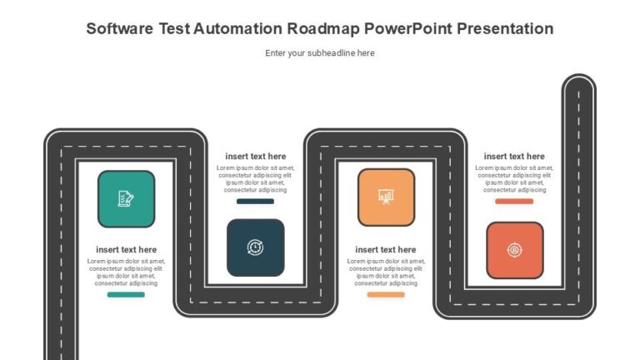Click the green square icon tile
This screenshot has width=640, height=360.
coord(126,199)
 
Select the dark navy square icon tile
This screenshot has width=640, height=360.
coord(255,247)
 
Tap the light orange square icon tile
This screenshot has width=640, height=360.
coord(386,197)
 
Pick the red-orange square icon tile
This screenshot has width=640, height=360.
coord(515,250)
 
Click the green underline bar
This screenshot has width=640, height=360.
coord(126,294)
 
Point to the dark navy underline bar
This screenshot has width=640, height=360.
coord(255,201)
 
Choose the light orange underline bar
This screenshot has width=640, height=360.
coord(386,294)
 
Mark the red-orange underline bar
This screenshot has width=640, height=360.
coord(514,201)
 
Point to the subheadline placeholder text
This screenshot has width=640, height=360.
coord(320,53)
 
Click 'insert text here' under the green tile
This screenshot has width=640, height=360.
coord(126,250)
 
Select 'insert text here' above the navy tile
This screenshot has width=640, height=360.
coord(255,157)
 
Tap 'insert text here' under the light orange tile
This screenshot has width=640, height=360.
coord(386,250)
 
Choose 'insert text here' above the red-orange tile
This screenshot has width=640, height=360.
coord(514,157)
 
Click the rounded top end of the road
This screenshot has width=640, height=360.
coord(578,83)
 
